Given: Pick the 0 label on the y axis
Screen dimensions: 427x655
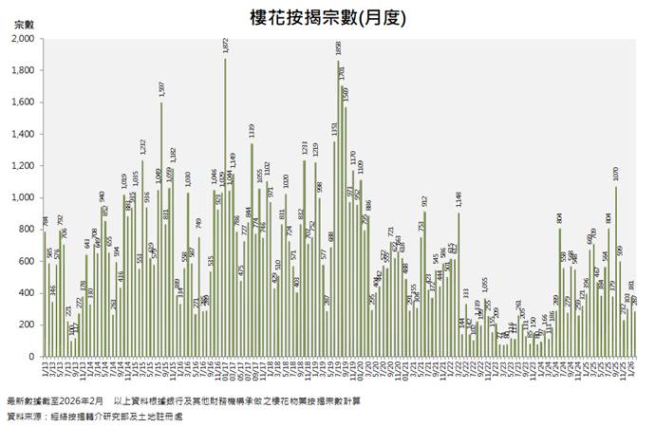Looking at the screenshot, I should click(33, 357).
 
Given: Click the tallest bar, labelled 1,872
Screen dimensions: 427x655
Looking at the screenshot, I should click(226, 209).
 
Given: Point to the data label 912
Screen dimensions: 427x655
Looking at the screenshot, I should click(424, 201).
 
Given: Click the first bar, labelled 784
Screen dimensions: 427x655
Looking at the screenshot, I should click(44, 294).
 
